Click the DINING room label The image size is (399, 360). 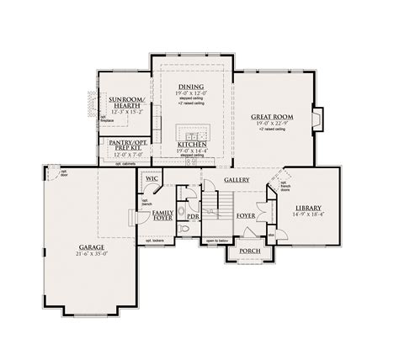tap(191, 87)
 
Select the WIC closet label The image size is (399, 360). tap(152, 178)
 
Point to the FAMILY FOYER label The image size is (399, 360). tap(163, 217)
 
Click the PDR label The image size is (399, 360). tap(193, 216)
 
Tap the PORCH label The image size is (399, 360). tap(249, 251)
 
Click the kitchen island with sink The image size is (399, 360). tap(191, 135)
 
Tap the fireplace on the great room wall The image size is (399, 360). tap(317, 118)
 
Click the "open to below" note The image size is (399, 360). tap(215, 242)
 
